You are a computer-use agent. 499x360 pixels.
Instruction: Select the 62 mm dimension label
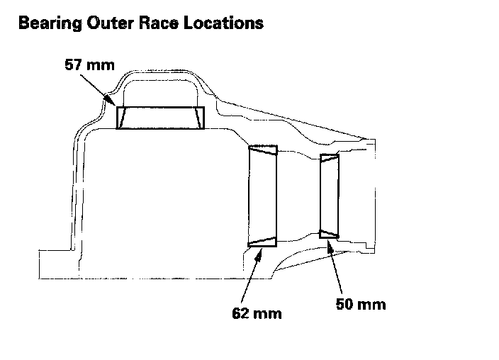coord(257,313)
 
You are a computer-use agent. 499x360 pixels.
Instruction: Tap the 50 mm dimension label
coord(361,305)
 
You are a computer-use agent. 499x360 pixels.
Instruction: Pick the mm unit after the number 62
coord(269,313)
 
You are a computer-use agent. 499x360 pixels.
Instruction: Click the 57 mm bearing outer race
coord(160,118)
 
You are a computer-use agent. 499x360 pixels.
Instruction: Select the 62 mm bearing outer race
coord(262,196)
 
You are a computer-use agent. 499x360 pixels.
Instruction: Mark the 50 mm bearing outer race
coord(329,195)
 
